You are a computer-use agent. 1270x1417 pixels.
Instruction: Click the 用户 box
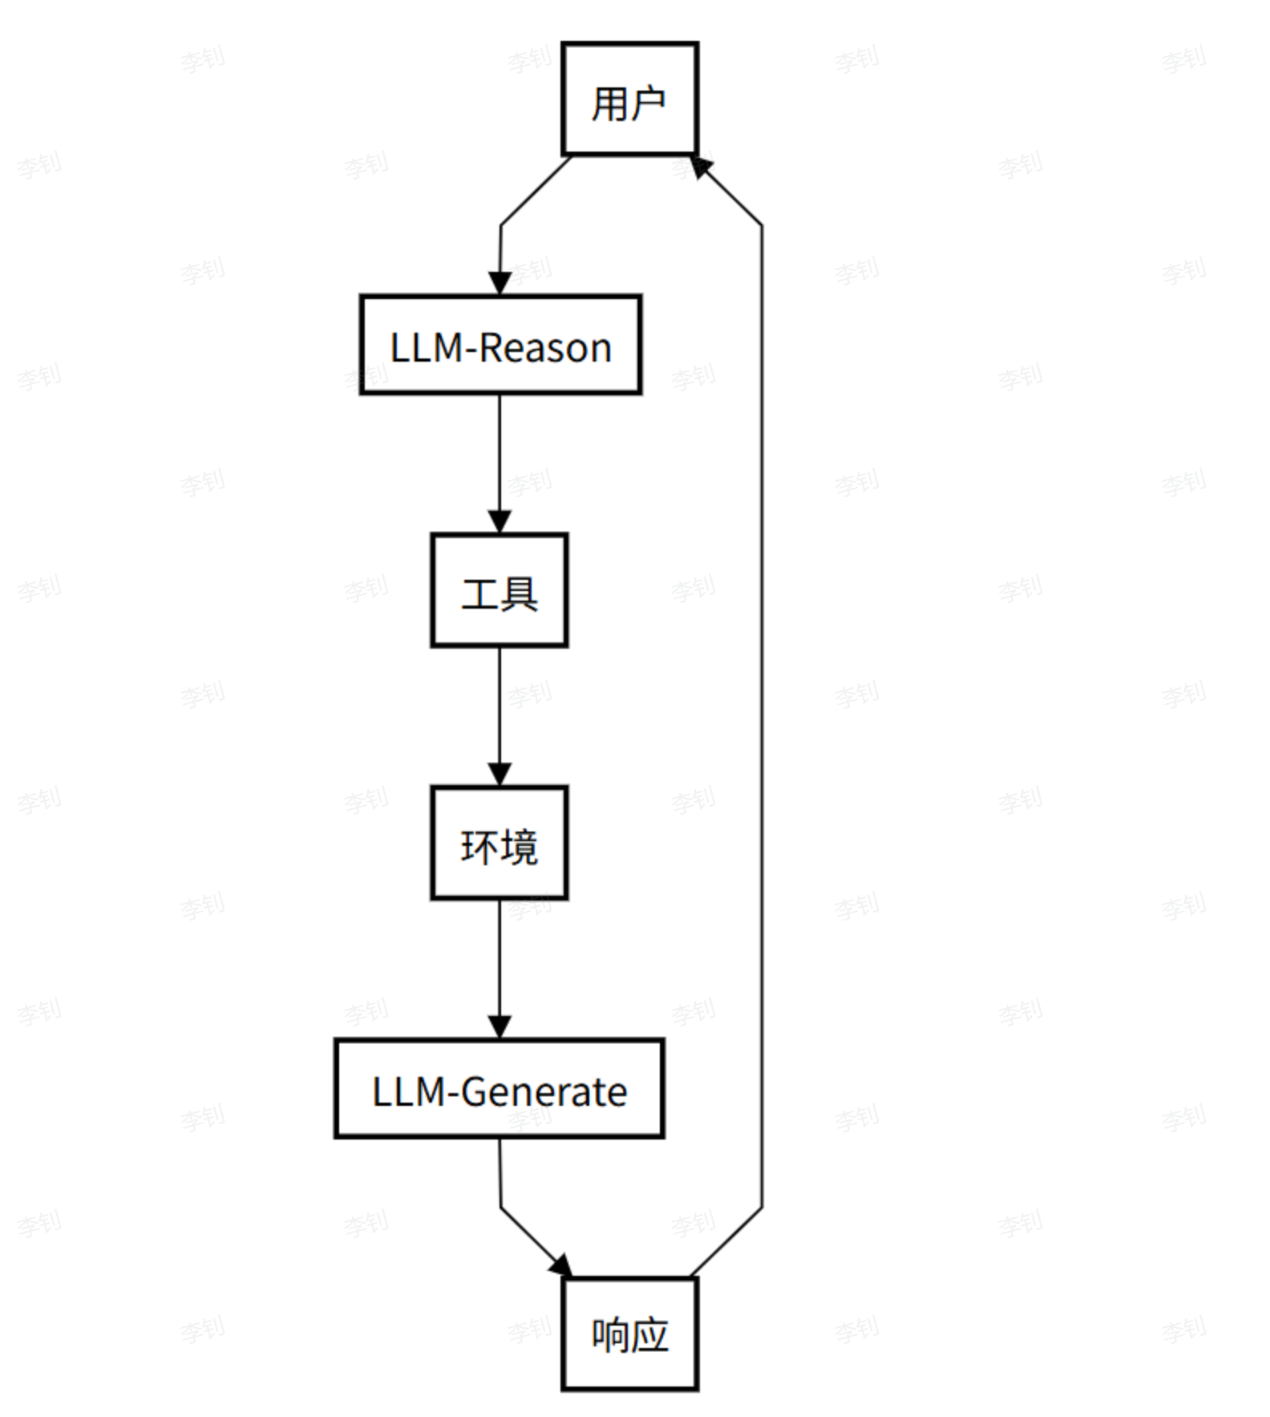point(629,99)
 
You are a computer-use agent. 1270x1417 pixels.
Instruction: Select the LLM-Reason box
point(500,345)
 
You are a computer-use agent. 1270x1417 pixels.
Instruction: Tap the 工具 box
point(500,590)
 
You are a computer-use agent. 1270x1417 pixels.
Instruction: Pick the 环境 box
point(500,843)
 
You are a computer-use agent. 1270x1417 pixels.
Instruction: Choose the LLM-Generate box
point(500,1088)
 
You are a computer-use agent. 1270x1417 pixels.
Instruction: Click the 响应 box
point(629,1334)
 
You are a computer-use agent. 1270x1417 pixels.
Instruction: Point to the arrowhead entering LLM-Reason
point(500,284)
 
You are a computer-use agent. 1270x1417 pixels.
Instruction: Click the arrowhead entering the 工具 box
point(500,521)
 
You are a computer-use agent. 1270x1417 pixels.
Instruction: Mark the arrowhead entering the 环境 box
point(500,775)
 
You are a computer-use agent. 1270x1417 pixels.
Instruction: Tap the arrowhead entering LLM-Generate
point(500,1027)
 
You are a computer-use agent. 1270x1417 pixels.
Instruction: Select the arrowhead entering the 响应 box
point(561,1266)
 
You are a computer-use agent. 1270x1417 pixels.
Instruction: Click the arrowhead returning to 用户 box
point(701,167)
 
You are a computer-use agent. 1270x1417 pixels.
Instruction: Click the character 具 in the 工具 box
point(520,594)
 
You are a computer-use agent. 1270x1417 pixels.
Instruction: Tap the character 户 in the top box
point(648,103)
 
